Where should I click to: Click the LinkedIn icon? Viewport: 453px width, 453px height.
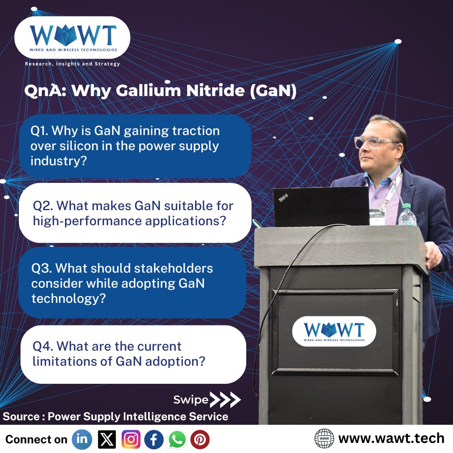click(82, 439)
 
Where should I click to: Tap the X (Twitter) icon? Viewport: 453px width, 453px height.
click(107, 439)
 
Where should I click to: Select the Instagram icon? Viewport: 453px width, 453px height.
click(131, 439)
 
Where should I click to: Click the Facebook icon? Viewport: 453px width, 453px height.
click(154, 439)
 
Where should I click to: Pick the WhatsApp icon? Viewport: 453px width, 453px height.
click(177, 439)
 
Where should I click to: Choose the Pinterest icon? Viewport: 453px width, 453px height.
click(200, 439)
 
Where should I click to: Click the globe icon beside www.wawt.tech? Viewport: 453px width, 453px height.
click(324, 439)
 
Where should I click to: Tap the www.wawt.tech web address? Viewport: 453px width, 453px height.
click(391, 439)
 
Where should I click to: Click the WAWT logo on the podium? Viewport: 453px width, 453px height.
click(334, 331)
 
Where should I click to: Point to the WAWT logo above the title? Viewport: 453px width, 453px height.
click(72, 38)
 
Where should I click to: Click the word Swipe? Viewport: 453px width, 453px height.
click(191, 400)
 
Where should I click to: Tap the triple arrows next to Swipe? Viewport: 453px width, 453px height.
click(225, 400)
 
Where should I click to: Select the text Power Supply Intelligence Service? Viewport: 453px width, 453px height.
click(138, 417)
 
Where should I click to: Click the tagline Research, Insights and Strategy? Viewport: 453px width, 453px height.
click(73, 64)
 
